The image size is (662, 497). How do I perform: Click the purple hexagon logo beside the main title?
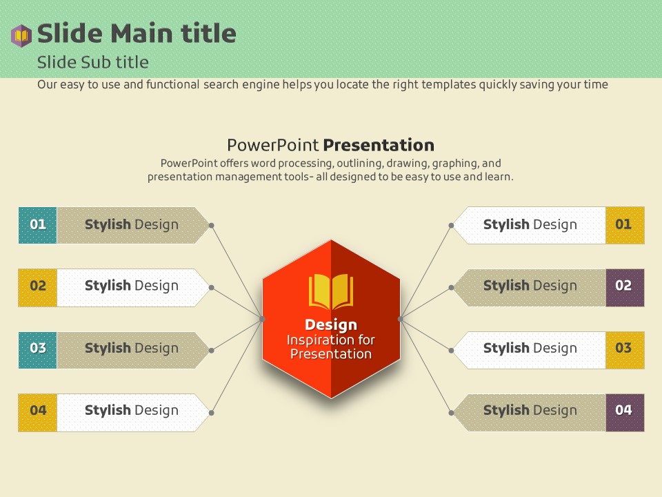(x=21, y=35)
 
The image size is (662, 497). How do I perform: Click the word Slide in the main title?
(x=70, y=33)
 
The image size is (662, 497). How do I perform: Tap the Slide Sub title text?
(x=93, y=63)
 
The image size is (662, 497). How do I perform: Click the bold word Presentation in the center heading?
(x=379, y=145)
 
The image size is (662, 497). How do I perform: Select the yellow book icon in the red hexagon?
(x=331, y=291)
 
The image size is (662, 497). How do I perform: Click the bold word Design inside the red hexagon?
(x=331, y=324)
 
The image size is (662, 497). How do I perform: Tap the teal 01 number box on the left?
(x=37, y=225)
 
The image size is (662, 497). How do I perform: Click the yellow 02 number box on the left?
(x=37, y=287)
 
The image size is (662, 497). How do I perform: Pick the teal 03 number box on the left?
(x=37, y=350)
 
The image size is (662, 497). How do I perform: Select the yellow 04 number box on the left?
(x=37, y=413)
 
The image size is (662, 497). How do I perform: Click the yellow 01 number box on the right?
(x=625, y=225)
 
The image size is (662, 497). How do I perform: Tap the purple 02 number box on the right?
(x=625, y=287)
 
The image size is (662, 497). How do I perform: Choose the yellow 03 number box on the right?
(x=625, y=350)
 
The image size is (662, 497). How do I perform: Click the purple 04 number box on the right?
(x=625, y=413)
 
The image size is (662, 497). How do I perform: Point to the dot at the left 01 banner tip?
(x=212, y=226)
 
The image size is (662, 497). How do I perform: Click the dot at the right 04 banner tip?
(x=451, y=413)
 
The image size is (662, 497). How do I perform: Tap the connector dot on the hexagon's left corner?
(x=262, y=319)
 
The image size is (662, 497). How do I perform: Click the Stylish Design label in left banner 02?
(x=132, y=286)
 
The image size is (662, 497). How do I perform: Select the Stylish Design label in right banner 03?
(x=530, y=348)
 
